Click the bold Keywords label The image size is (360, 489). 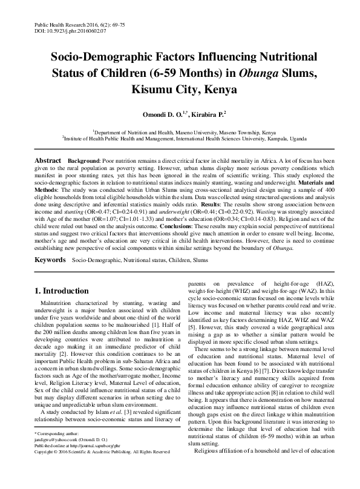coord(50,260)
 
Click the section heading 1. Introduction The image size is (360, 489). coord(62,290)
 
